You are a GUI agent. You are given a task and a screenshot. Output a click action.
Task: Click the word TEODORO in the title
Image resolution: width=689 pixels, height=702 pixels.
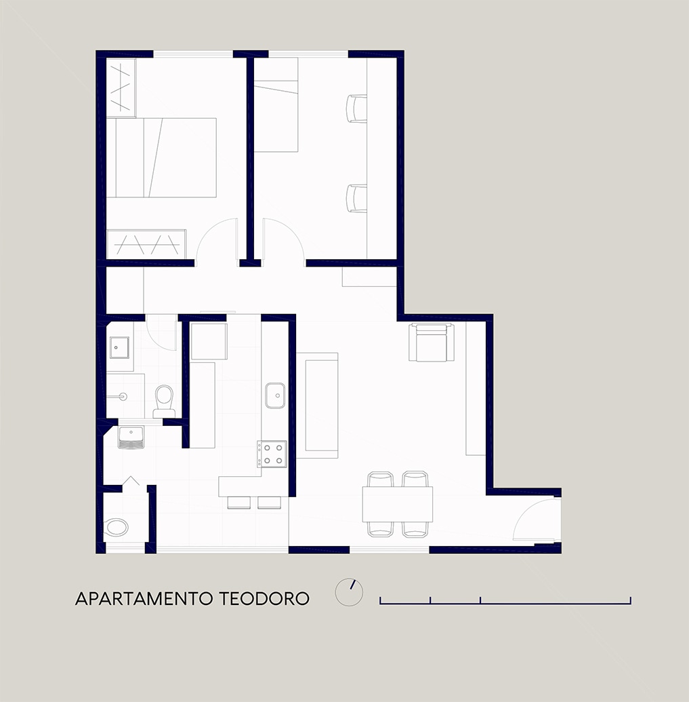264,599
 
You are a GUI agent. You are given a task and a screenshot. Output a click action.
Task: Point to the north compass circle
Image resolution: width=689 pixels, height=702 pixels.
349,592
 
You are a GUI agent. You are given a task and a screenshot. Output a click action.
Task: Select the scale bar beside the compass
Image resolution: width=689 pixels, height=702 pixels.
505,600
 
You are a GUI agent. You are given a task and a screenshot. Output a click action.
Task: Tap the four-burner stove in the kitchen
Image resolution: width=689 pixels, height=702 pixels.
272,454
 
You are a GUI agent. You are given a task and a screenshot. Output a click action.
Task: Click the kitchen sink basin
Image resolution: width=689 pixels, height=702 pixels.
275,396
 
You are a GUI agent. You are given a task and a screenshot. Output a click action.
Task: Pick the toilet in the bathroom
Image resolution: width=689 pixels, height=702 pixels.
164,402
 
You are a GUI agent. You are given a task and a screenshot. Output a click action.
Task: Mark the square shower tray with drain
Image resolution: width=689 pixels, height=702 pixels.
119,348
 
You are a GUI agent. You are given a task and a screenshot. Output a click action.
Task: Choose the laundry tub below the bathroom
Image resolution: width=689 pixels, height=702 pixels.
131,437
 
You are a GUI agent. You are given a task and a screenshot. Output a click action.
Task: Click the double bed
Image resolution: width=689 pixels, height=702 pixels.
161,157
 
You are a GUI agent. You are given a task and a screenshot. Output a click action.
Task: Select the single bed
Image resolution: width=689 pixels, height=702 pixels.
276,104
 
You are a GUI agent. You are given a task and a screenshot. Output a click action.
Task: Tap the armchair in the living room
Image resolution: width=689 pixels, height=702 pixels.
432,342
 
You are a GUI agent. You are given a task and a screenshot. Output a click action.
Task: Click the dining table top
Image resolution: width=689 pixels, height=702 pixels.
398,504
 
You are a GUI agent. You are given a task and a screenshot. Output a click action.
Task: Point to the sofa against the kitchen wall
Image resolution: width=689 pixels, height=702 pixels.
317,405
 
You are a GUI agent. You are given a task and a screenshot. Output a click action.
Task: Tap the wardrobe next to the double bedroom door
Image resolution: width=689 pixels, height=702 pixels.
146,244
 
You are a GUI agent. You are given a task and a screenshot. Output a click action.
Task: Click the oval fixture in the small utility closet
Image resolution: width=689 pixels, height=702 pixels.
117,528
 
